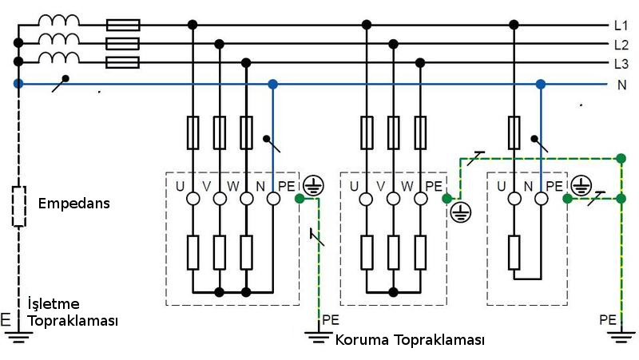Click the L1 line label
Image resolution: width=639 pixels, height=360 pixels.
click(x=621, y=26)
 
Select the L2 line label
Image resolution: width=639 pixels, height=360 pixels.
click(x=621, y=45)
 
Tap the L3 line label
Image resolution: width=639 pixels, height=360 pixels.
click(x=621, y=64)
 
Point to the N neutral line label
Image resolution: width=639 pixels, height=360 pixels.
click(x=621, y=84)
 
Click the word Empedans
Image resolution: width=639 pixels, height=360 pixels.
click(x=73, y=204)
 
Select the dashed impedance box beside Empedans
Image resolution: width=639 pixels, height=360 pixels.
click(x=18, y=206)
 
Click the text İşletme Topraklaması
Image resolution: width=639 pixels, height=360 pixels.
click(x=73, y=313)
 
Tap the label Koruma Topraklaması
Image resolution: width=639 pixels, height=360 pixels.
click(x=410, y=340)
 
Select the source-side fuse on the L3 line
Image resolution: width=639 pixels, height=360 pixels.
click(x=122, y=62)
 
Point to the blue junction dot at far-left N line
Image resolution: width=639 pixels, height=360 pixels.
click(x=18, y=83)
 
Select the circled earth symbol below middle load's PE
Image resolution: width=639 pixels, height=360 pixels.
click(x=460, y=212)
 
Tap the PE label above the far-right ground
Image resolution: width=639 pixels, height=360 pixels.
click(x=608, y=320)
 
